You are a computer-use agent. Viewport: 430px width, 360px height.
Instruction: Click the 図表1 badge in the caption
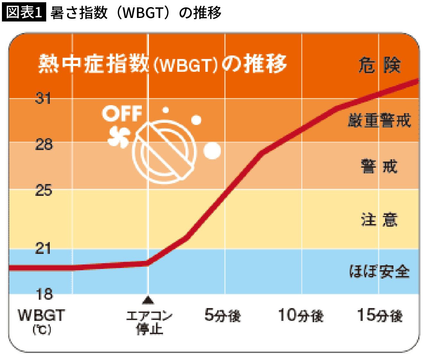click(24, 13)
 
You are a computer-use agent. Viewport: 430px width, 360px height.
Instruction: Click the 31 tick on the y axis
click(43, 98)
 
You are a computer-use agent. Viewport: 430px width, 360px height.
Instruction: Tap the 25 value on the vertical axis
click(43, 190)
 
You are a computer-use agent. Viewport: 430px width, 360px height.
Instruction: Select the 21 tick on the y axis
click(43, 248)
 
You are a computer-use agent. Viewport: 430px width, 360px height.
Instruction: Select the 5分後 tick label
click(222, 315)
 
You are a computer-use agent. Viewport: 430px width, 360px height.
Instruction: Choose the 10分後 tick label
click(301, 315)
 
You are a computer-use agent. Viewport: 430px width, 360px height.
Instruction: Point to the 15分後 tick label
click(380, 315)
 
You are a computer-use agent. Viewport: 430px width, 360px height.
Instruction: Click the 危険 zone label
click(379, 65)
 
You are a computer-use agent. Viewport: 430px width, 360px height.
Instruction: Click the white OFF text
click(122, 114)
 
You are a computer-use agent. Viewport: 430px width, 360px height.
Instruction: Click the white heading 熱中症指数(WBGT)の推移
click(162, 64)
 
